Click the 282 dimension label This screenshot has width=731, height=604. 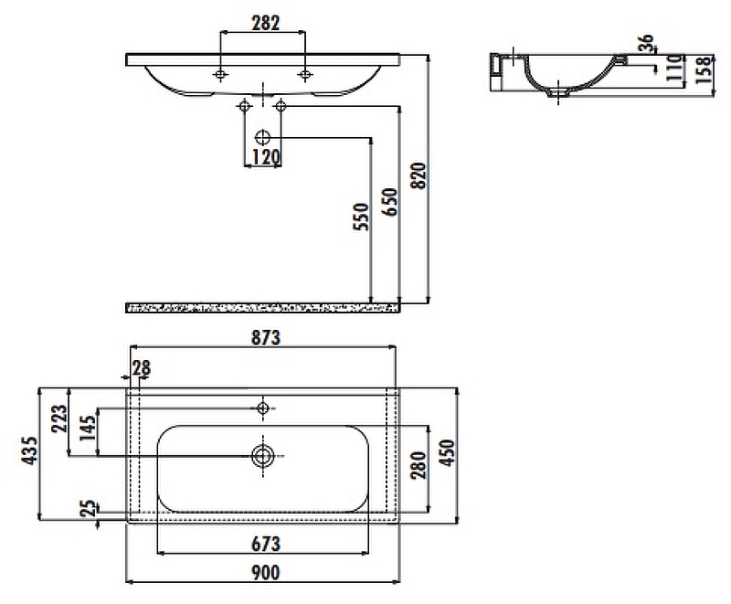[x=266, y=23]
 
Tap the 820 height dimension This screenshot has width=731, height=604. [x=419, y=175]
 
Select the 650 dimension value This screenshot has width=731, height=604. [x=390, y=202]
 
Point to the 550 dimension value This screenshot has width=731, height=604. [x=361, y=217]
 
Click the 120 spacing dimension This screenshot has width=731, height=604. [x=266, y=157]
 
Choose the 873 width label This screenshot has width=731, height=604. [x=266, y=338]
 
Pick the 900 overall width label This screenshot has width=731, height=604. [x=266, y=573]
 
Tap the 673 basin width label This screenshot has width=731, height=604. [x=266, y=544]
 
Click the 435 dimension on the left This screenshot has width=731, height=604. [x=29, y=450]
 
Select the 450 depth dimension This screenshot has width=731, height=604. [x=447, y=452]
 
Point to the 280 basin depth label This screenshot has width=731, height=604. [x=418, y=465]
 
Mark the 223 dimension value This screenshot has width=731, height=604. [x=59, y=419]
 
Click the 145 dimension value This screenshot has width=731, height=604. [x=88, y=428]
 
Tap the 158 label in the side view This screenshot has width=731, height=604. [x=705, y=70]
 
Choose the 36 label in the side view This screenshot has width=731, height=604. [x=646, y=44]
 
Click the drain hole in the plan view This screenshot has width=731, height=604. [x=263, y=456]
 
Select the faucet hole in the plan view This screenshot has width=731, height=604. [x=263, y=408]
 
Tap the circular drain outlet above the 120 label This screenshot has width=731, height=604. [x=262, y=137]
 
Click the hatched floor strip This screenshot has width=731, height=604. [x=263, y=308]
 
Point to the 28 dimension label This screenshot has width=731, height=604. [x=142, y=368]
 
